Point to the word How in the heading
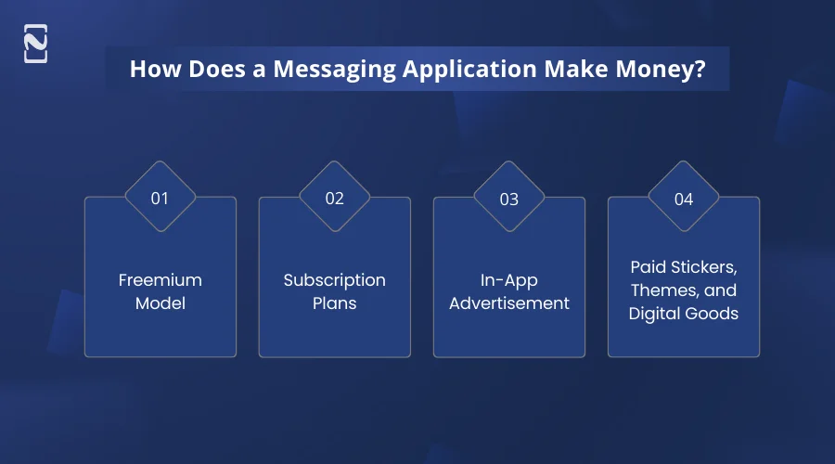(x=151, y=70)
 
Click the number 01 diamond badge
(x=160, y=198)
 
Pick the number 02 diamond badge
(x=334, y=198)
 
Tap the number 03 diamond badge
(x=508, y=198)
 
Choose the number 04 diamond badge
(x=683, y=198)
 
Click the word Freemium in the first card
(x=160, y=279)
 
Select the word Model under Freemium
(x=160, y=303)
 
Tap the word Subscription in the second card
(x=334, y=279)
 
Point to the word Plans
(x=334, y=303)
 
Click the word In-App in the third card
(x=508, y=279)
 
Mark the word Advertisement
(x=508, y=303)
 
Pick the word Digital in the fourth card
(x=653, y=314)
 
